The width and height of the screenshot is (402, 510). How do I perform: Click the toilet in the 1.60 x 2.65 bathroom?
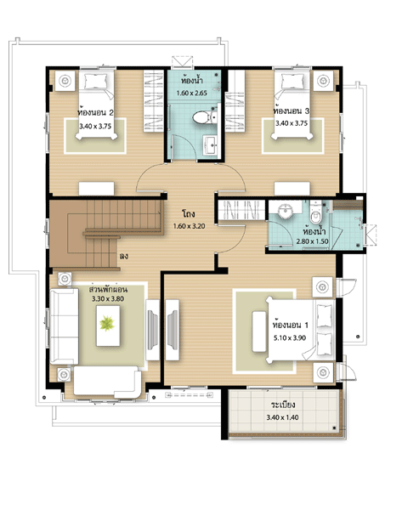pos(202,117)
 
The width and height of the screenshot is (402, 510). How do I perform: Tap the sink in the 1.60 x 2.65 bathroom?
pos(211,145)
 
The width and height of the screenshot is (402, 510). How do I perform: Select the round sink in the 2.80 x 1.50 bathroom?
pos(286,211)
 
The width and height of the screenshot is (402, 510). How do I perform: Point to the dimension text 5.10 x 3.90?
pos(290,338)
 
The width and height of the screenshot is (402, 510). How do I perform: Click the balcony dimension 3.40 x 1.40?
pos(282,417)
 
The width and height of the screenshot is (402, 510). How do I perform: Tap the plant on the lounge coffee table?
pos(107,323)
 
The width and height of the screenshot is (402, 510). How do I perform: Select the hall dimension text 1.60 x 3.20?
pos(189,226)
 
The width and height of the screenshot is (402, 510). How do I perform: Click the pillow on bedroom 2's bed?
pos(96,82)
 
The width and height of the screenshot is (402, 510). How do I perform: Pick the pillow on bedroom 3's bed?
pos(292,82)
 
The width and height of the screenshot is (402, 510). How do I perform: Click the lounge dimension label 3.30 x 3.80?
pos(108,298)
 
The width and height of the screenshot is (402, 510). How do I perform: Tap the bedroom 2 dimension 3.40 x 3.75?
pos(95,126)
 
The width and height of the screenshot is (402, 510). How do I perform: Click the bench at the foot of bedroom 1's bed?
pos(259,331)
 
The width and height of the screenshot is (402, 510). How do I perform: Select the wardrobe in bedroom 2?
pos(154,101)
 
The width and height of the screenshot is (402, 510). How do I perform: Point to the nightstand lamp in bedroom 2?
pos(65,80)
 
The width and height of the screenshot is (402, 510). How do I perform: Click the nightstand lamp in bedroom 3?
pos(323,80)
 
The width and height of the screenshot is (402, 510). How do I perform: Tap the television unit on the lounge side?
pos(152,330)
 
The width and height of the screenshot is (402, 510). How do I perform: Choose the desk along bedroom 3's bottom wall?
pos(292,189)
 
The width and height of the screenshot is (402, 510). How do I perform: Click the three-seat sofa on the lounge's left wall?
pos(64,326)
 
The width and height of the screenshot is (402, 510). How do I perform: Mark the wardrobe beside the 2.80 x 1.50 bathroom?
pos(241,210)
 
